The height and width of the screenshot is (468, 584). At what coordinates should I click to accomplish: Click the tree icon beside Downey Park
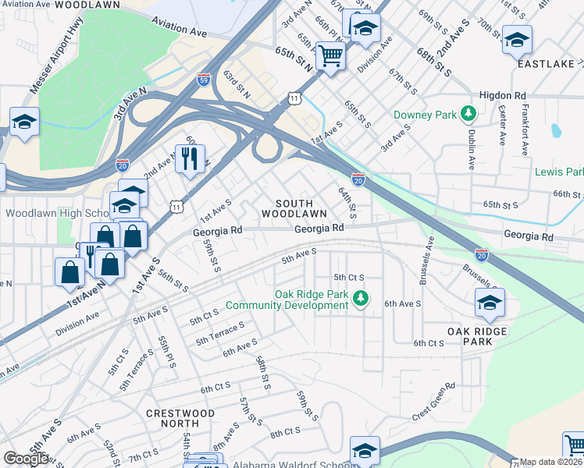click(x=468, y=115)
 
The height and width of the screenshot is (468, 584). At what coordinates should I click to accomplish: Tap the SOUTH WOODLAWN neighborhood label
click(x=294, y=207)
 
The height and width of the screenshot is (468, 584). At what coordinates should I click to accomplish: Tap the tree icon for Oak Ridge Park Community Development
click(x=360, y=297)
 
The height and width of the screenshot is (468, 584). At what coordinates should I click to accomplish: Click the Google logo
click(x=26, y=459)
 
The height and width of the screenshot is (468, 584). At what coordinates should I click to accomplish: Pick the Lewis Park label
click(x=559, y=171)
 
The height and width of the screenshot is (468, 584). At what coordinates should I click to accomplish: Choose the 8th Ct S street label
click(x=285, y=431)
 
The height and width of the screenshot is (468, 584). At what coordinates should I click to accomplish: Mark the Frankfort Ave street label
click(x=525, y=137)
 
